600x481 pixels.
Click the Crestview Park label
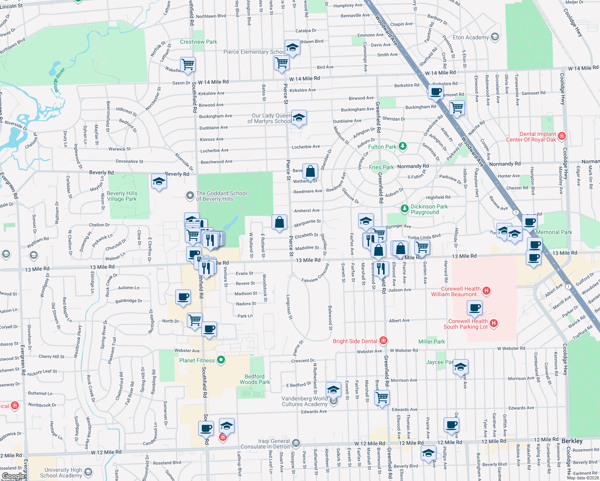199,42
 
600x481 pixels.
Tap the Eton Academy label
470,37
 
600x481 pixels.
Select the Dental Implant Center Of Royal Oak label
531,137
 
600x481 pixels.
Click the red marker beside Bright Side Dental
383,341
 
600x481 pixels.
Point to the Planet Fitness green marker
221,360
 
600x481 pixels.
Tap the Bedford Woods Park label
255,379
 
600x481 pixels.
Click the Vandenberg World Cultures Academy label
304,401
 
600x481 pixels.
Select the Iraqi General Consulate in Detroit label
265,444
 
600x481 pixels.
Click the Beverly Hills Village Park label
122,196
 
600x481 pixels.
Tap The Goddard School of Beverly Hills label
221,196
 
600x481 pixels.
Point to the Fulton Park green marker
403,146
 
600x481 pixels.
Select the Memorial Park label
554,232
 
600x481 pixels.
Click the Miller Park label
432,342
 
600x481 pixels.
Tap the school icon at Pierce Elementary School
292,48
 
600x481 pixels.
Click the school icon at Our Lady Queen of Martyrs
298,118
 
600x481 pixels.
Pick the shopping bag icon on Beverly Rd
310,172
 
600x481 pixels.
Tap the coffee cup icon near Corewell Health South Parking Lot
475,308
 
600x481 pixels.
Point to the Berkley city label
572,441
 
